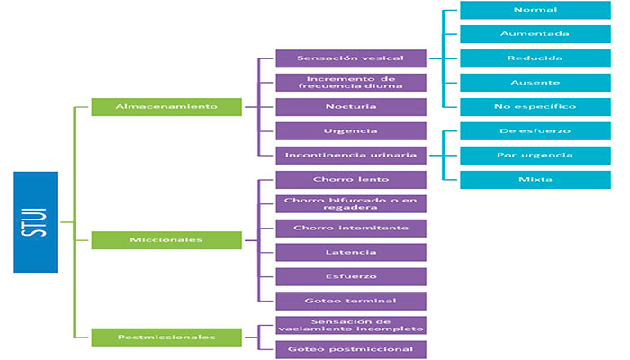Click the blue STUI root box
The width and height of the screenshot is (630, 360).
pyautogui.click(x=35, y=221)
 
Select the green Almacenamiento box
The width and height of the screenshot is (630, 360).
pyautogui.click(x=166, y=106)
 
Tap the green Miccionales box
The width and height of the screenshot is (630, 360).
pyautogui.click(x=166, y=239)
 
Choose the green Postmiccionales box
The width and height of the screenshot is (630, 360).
pyautogui.click(x=166, y=337)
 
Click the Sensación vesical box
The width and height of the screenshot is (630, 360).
pyautogui.click(x=350, y=58)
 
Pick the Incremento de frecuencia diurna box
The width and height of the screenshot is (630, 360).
pyautogui.click(x=350, y=83)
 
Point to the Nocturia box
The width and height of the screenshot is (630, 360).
pyautogui.click(x=350, y=106)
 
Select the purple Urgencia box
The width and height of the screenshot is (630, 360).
pyautogui.click(x=350, y=130)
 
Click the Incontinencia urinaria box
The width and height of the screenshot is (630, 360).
pyautogui.click(x=350, y=154)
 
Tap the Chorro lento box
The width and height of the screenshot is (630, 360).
pyautogui.click(x=350, y=179)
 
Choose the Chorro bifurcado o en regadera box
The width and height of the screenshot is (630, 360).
pyautogui.click(x=350, y=203)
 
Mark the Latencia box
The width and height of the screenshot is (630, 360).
pyautogui.click(x=350, y=252)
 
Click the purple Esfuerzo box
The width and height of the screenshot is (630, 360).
pyautogui.click(x=350, y=275)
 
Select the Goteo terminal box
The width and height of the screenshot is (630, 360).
pyautogui.click(x=350, y=300)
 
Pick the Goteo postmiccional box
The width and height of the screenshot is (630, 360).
pyautogui.click(x=350, y=348)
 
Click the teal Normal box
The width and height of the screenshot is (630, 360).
pyautogui.click(x=534, y=10)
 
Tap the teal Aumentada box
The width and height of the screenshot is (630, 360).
pyautogui.click(x=534, y=34)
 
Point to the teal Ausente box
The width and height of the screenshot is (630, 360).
pyautogui.click(x=534, y=82)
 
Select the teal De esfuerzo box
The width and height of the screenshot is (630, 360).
pyautogui.click(x=534, y=130)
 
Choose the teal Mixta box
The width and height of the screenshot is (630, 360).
pyautogui.click(x=534, y=179)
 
